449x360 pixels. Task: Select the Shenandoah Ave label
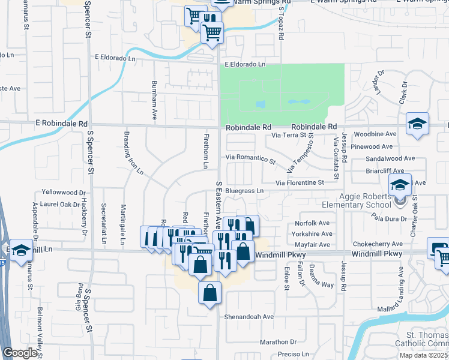click(249, 317)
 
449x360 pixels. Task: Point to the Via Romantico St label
click(250, 159)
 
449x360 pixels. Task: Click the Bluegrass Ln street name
click(244, 191)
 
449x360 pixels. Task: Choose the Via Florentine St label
click(300, 182)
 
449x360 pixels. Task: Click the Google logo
click(20, 353)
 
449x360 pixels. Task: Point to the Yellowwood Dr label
click(64, 193)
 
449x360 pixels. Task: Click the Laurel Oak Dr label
click(62, 204)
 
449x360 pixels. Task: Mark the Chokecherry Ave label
click(378, 244)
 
